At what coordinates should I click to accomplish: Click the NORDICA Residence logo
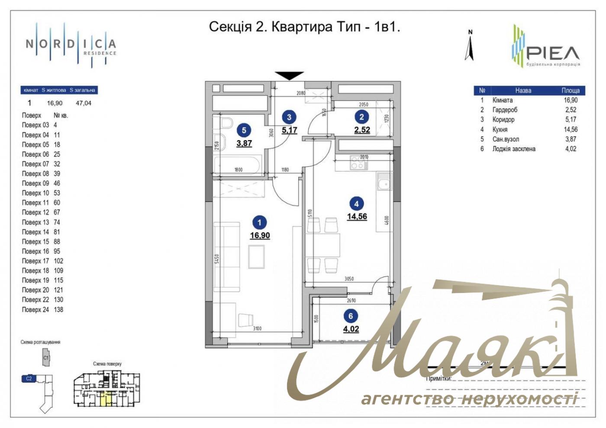point(71,45)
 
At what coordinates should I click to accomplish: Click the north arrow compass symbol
point(470,47)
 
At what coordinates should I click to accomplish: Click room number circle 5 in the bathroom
point(244,130)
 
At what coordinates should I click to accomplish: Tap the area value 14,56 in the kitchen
point(357,216)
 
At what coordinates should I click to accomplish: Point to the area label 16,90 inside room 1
point(260,235)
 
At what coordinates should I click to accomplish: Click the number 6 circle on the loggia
point(351,316)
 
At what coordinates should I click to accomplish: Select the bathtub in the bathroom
point(237,164)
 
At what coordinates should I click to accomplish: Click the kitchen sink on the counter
point(384,182)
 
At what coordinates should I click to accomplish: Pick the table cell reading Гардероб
point(505,110)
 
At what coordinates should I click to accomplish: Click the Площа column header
point(571,90)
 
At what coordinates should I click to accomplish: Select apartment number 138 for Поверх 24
point(58,310)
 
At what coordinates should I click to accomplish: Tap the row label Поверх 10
point(35,193)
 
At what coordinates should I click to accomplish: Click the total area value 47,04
point(84,103)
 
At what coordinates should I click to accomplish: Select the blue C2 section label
point(29,379)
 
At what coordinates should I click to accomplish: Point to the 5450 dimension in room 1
point(217,258)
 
